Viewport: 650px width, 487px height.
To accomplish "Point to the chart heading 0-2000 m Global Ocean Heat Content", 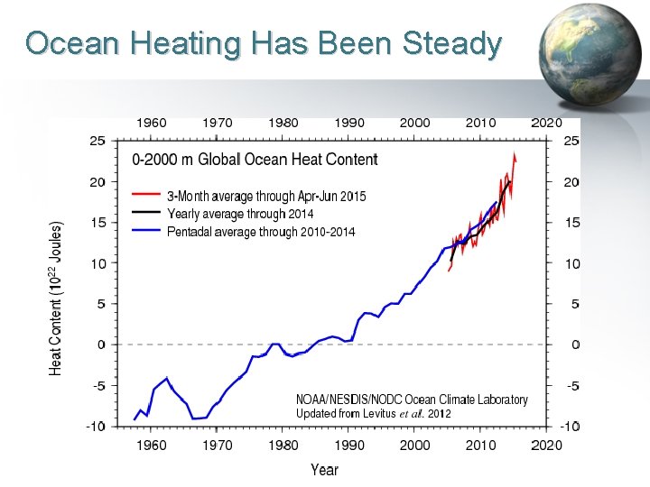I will click(255, 161).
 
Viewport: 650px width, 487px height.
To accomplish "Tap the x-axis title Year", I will click(324, 469).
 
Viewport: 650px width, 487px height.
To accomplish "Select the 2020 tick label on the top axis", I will click(546, 123).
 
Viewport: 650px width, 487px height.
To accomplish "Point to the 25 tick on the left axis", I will click(97, 141).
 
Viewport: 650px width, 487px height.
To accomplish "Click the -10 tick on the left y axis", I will click(95, 426).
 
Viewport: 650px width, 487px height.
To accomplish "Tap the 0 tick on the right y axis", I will click(575, 345).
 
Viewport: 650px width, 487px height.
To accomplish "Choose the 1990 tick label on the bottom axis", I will click(349, 445).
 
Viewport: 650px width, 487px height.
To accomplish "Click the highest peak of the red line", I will click(514, 155).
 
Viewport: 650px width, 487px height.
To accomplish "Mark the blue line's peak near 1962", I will click(166, 379).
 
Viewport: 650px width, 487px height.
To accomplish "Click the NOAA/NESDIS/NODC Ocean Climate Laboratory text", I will click(412, 400).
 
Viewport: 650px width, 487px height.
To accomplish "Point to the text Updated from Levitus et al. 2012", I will click(374, 413).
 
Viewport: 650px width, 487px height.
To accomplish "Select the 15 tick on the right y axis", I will click(572, 223).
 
